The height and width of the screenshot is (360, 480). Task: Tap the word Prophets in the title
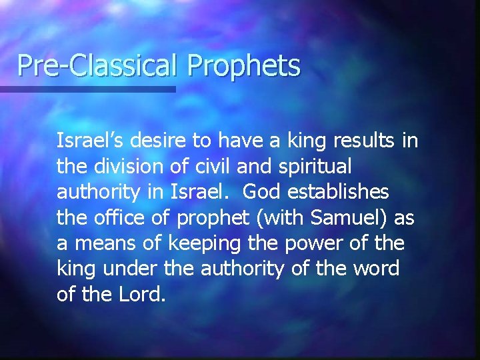[x=244, y=66]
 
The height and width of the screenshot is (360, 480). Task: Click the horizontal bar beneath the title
[x=87, y=89]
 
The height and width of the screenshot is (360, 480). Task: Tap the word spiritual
[x=313, y=167]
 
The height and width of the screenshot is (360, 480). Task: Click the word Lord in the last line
[x=141, y=293]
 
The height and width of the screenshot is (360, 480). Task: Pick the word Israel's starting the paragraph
[x=93, y=140]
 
